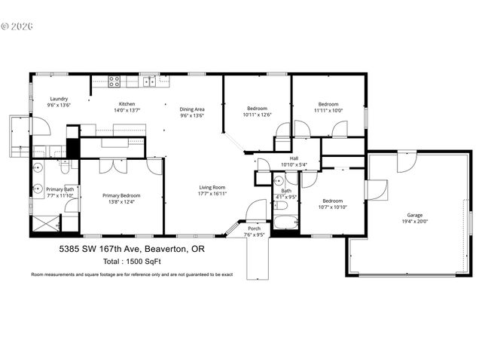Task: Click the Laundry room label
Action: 59,100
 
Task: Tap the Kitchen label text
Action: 127,104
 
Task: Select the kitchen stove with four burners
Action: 115,81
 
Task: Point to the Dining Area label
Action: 192,109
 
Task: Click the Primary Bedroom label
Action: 121,195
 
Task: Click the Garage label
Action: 413,216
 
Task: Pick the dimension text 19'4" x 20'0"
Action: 413,222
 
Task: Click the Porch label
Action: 254,229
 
